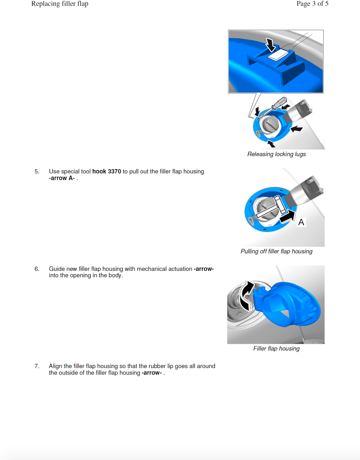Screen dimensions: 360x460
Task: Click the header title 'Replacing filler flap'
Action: (60, 4)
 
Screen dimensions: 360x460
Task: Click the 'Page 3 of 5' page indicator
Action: (312, 4)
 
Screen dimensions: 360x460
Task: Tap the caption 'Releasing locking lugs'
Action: (276, 154)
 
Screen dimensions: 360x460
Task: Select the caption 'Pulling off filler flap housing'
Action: (276, 251)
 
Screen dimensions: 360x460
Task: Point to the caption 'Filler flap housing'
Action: (276, 348)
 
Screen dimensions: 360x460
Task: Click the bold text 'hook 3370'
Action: (107, 171)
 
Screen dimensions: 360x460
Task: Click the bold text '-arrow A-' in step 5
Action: (61, 178)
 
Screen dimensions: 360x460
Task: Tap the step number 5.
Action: (37, 171)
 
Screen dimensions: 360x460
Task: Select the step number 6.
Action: (37, 269)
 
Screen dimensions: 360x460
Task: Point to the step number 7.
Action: (37, 366)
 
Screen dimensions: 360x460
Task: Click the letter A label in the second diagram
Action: (301, 222)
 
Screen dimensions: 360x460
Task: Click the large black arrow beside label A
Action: (287, 216)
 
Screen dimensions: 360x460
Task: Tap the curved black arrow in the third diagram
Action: (246, 296)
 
